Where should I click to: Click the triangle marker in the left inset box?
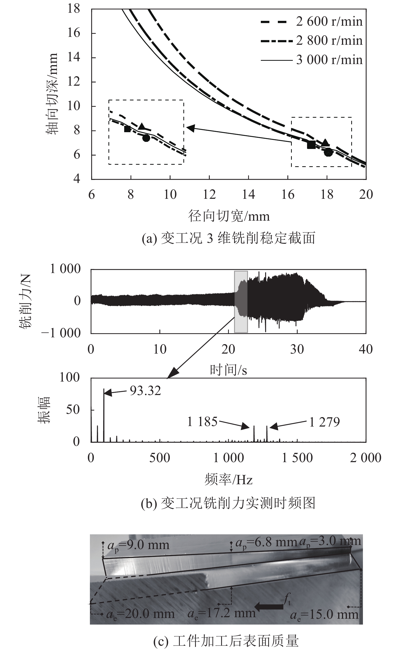[142, 127]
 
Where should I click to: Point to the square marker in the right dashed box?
[311, 145]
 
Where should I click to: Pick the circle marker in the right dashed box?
[328, 152]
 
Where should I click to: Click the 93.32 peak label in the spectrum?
[145, 391]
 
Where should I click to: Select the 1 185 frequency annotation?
[202, 421]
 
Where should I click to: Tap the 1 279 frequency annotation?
[324, 422]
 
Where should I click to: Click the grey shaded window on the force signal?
[241, 301]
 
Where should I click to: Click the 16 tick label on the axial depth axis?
[74, 33]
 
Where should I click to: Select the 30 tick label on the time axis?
[297, 350]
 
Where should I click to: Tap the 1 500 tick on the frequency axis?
[297, 458]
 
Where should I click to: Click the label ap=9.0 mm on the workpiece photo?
[138, 545]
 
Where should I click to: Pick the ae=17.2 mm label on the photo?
[221, 613]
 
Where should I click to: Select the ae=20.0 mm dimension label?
[140, 614]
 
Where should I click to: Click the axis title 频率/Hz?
[228, 479]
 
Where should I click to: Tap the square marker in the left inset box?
[127, 129]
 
